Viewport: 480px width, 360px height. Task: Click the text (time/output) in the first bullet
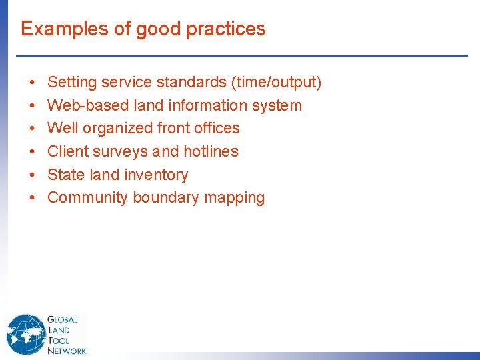tap(276, 83)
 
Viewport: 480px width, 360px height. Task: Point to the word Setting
tap(71, 83)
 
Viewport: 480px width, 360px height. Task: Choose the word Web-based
tap(81, 105)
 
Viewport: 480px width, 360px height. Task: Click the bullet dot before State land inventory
tap(32, 175)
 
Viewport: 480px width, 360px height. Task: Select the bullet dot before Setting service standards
tap(32, 83)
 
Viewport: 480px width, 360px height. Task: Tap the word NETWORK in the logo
tap(67, 351)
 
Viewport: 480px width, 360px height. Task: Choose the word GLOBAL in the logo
tap(63, 320)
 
